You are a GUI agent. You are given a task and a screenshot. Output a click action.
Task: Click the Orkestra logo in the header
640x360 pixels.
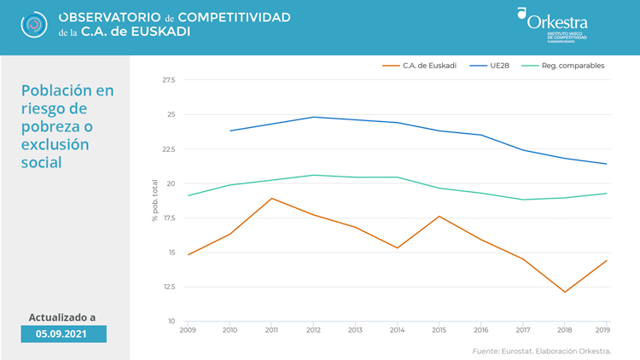(x=553, y=24)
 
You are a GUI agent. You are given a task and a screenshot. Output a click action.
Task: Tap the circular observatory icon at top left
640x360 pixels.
(x=34, y=25)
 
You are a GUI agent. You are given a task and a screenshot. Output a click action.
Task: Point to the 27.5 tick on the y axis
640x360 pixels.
(x=167, y=80)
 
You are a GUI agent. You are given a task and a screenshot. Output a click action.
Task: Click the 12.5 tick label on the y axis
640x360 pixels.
(x=167, y=287)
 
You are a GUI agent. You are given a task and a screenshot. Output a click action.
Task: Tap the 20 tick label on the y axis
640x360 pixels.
(x=170, y=183)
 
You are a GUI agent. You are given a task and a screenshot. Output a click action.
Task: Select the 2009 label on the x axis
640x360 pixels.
(x=189, y=329)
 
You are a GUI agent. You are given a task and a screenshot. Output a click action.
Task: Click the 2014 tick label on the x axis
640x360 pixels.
(x=397, y=329)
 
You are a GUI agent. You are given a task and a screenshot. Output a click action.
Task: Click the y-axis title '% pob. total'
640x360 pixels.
(x=154, y=200)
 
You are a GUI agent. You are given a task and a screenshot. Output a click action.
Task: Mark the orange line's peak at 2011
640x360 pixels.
(x=272, y=198)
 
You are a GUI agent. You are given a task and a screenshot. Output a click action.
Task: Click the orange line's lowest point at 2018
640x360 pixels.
(x=564, y=293)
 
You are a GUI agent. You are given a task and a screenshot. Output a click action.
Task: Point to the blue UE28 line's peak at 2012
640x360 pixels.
(x=314, y=117)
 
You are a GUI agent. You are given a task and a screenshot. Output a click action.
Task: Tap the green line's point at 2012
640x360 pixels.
(x=314, y=175)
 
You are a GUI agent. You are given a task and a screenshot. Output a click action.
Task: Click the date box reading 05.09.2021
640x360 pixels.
(x=64, y=334)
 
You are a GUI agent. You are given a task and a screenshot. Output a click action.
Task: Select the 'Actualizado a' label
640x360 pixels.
(x=62, y=316)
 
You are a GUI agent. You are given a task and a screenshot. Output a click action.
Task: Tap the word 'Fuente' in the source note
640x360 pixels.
(x=487, y=351)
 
